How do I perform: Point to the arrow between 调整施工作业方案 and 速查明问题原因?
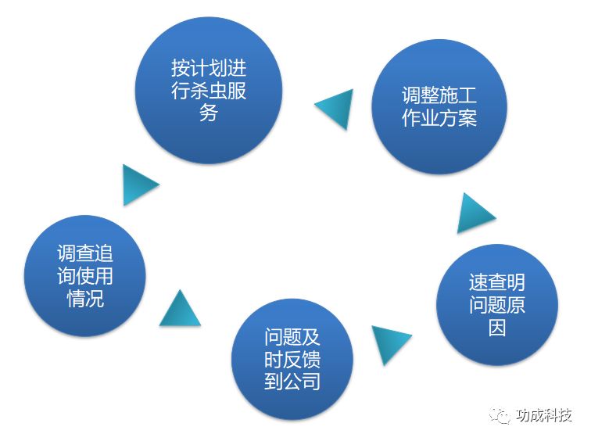coord(474,213)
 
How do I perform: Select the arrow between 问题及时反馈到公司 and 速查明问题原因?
coord(388,342)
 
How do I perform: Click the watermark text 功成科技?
coord(544,415)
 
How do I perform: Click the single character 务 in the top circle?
coord(208,113)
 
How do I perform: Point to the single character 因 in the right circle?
coord(496,327)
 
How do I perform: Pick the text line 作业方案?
coord(439,120)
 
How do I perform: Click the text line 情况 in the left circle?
coord(84,298)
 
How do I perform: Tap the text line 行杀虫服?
coord(208,90)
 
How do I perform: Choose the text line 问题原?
coord(496,304)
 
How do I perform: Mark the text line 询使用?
coord(84,275)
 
